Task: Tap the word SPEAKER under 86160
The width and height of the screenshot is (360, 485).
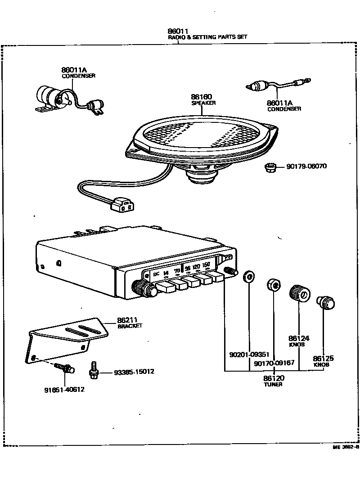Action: click(x=203, y=103)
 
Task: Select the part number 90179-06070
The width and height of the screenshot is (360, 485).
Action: click(x=306, y=166)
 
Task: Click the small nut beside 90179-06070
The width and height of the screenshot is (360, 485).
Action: click(x=270, y=168)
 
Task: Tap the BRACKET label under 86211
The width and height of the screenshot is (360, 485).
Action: click(x=130, y=326)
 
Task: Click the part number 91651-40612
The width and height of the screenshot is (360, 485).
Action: click(x=64, y=390)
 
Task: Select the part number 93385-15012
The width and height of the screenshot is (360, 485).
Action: click(x=134, y=372)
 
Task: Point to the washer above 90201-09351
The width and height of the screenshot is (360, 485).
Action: click(x=248, y=276)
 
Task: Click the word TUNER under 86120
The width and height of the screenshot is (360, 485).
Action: click(x=273, y=385)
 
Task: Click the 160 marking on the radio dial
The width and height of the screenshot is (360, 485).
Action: click(x=207, y=265)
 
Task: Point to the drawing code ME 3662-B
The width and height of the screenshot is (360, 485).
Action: click(x=345, y=448)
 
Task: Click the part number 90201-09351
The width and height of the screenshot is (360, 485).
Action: click(x=249, y=355)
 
